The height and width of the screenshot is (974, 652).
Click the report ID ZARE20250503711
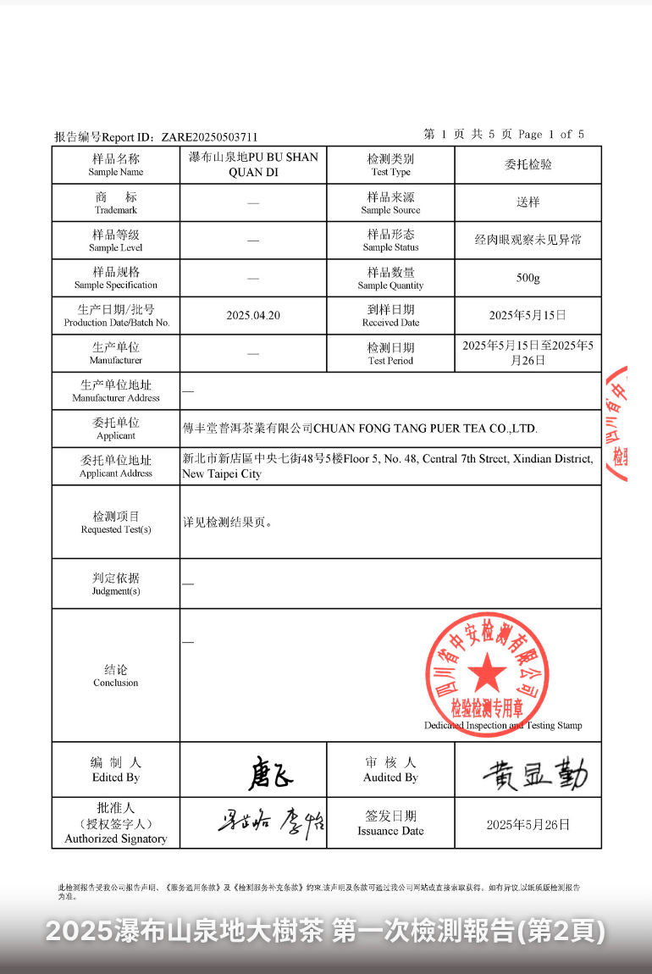(209, 136)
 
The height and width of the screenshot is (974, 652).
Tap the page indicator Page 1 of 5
(550, 134)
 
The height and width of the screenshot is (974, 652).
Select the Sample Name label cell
(116, 164)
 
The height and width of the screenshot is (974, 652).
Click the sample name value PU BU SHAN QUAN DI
(253, 164)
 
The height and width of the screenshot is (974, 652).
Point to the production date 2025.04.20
(253, 315)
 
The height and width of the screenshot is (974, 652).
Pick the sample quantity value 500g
(528, 278)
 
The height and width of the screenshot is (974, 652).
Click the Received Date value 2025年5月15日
(528, 315)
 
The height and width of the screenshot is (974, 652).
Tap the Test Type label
(390, 164)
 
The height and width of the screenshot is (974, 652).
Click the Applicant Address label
(116, 466)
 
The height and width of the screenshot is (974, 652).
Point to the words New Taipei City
(222, 474)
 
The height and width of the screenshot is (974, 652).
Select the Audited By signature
(534, 772)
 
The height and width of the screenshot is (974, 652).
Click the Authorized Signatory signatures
(268, 822)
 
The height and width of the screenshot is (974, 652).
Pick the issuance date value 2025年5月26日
(528, 824)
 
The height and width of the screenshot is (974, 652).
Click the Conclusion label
(116, 675)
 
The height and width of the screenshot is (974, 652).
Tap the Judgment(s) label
(116, 584)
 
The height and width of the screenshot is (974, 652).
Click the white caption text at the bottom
(326, 932)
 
